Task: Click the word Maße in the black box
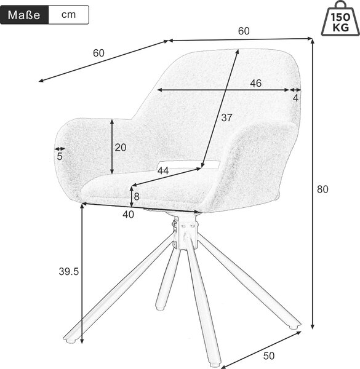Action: tap(24, 15)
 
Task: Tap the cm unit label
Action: tap(68, 15)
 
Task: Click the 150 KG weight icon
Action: tap(340, 18)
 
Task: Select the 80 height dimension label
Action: tap(322, 189)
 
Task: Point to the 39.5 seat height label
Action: tap(68, 272)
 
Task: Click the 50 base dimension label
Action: tap(269, 356)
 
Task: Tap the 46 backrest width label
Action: tap(256, 83)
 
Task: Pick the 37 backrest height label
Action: tap(226, 117)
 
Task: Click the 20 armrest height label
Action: tap(121, 148)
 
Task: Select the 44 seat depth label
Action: tap(163, 171)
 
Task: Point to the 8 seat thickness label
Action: tap(137, 197)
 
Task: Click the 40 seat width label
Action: tap(129, 215)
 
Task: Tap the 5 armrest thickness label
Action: tap(60, 156)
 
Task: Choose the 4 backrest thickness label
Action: tap(295, 98)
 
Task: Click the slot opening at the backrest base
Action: tap(190, 164)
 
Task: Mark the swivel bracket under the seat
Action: tap(185, 232)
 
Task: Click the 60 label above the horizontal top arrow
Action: tap(244, 31)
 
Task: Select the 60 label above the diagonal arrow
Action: tap(98, 53)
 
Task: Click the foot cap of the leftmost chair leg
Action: tap(70, 339)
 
